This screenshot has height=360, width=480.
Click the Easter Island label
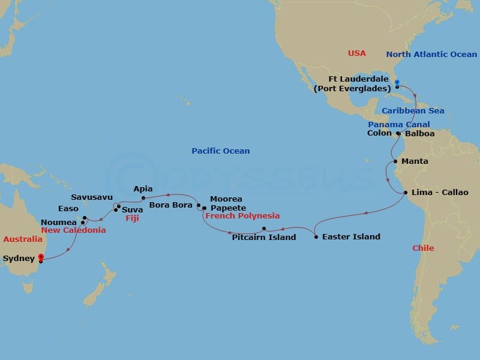point(351,237)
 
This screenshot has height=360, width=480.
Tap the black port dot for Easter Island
point(316,237)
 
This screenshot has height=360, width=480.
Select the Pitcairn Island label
point(264,238)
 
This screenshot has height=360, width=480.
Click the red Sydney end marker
point(40,258)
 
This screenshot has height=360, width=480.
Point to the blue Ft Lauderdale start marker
point(397,82)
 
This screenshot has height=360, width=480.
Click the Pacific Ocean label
point(221,151)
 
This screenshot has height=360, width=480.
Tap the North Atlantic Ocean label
point(431,55)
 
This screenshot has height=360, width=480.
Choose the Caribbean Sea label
point(413,111)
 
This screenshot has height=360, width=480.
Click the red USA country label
point(357,54)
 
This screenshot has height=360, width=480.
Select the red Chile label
point(423,248)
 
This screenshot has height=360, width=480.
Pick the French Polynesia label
point(242,216)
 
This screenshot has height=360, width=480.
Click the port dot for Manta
point(395,161)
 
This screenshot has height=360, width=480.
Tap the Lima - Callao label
point(440,193)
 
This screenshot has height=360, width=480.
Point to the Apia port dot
point(143,197)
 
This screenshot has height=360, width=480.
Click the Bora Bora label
point(171,205)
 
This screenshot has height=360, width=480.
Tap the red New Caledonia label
point(73,230)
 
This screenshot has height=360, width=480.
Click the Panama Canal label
point(399,125)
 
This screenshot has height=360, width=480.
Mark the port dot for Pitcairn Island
point(264,229)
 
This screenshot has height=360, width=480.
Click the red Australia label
point(23,239)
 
